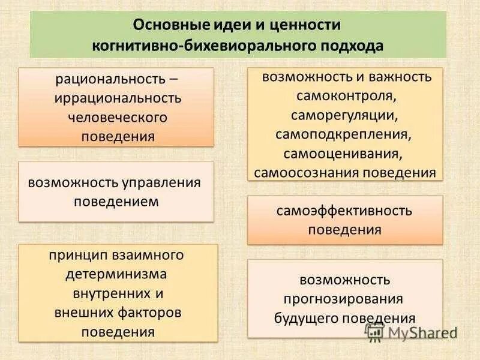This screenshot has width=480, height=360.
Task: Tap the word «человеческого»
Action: pyautogui.click(x=117, y=117)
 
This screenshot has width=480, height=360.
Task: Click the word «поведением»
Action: pyautogui.click(x=116, y=201)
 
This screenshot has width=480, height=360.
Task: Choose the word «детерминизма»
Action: pyautogui.click(x=116, y=275)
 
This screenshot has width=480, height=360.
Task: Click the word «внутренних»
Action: pyautogui.click(x=108, y=294)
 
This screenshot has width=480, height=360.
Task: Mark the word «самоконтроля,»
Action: pyautogui.click(x=345, y=97)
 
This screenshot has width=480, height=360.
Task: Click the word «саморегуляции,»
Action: pyautogui.click(x=345, y=115)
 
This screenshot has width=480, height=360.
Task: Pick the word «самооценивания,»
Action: pyautogui.click(x=345, y=154)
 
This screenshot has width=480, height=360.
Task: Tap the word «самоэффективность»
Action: pyautogui.click(x=344, y=211)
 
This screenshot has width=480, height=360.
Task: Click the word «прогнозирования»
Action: pyautogui.click(x=344, y=299)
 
